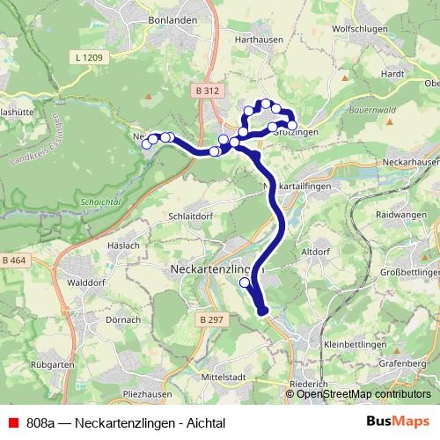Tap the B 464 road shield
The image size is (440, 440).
[x=14, y=260]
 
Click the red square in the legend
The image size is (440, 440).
[x=11, y=423]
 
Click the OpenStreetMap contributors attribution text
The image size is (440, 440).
[x=363, y=393]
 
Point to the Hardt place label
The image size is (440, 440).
[x=392, y=75]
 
